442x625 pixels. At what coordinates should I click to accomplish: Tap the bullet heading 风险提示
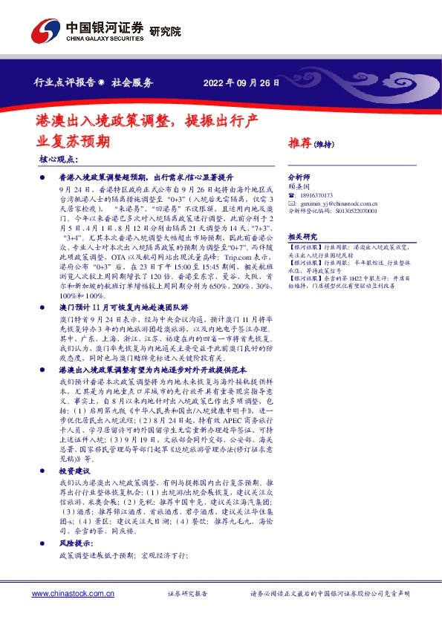point(75,544)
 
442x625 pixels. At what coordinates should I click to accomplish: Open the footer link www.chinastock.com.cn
point(70,595)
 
